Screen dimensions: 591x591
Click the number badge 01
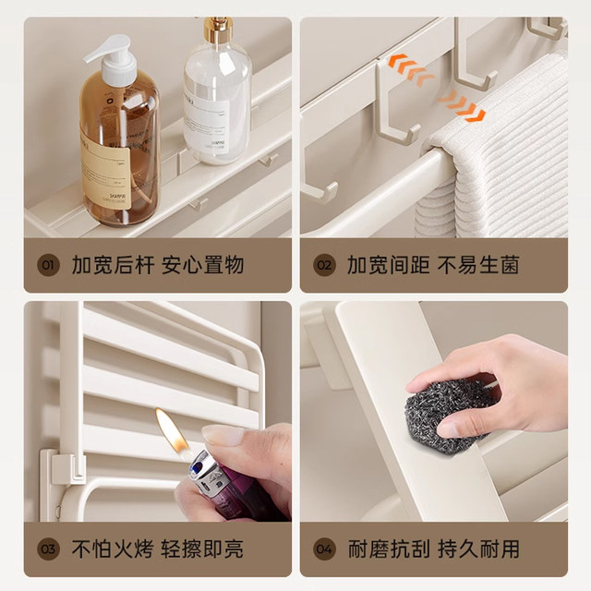pyautogui.click(x=47, y=266)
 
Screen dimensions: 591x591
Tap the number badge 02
pyautogui.click(x=324, y=266)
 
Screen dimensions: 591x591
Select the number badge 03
pyautogui.click(x=47, y=549)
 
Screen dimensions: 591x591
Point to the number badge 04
pyautogui.click(x=324, y=549)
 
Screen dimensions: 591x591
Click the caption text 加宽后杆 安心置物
pyautogui.click(x=158, y=266)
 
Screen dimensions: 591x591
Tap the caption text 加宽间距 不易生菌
pyautogui.click(x=433, y=266)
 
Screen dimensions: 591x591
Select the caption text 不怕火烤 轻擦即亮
pyautogui.click(x=158, y=549)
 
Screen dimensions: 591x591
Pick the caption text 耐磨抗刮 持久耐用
pyautogui.click(x=433, y=549)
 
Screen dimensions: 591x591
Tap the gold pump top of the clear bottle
pyautogui.click(x=218, y=29)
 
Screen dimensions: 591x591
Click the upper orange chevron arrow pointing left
pyautogui.click(x=408, y=67)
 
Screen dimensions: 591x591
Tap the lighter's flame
pyautogui.click(x=171, y=430)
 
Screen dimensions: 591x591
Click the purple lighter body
pyautogui.click(x=212, y=480)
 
